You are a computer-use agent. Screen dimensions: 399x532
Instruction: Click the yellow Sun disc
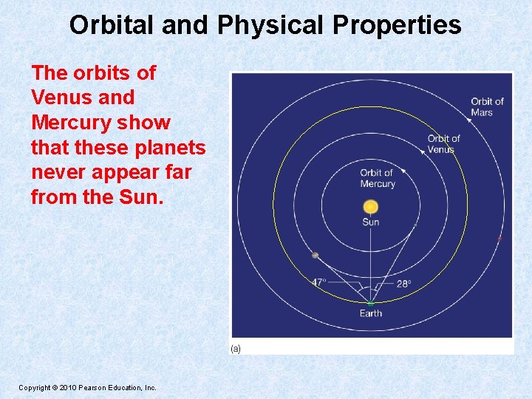[x=371, y=206]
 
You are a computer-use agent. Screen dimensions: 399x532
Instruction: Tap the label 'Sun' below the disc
[x=371, y=222]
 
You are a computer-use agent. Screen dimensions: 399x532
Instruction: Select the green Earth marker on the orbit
[x=371, y=303]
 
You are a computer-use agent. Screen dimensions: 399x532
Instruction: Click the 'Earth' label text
[x=371, y=313]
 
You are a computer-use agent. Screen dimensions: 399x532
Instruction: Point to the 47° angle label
[x=318, y=282]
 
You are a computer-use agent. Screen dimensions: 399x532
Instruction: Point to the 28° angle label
[x=403, y=283]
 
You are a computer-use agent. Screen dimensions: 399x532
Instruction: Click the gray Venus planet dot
[x=316, y=255]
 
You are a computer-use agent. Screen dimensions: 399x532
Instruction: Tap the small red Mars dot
[x=500, y=239]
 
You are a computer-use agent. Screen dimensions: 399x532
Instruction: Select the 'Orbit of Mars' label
[x=487, y=106]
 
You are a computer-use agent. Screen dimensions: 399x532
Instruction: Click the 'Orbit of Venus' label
[x=443, y=143]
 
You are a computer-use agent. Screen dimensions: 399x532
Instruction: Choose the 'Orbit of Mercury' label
[x=378, y=178]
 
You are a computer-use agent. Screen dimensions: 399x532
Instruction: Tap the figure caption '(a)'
[x=236, y=348]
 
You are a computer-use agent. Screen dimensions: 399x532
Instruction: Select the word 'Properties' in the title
[x=397, y=25]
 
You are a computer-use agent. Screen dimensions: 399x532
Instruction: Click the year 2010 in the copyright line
[x=61, y=387]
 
